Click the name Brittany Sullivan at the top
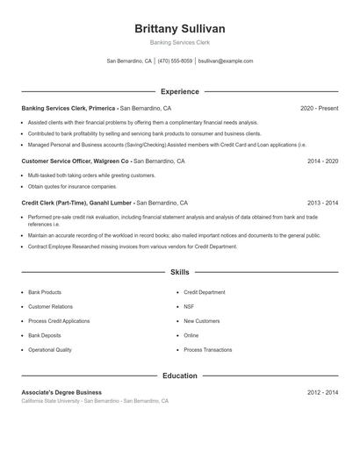click(179, 28)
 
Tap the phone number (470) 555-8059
click(176, 61)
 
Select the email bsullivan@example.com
click(226, 61)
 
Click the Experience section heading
click(179, 91)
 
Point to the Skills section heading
click(179, 273)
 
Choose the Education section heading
click(179, 376)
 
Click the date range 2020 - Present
click(319, 108)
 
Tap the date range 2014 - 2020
click(322, 161)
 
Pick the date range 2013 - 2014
click(322, 202)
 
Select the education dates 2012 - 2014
click(322, 392)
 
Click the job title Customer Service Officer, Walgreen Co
click(76, 161)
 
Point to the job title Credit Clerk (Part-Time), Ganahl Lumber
click(77, 202)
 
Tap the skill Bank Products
click(45, 292)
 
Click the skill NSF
click(190, 306)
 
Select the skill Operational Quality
click(50, 349)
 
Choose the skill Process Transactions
click(207, 349)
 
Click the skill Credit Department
click(205, 292)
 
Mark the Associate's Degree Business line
click(61, 392)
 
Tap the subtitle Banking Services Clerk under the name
click(179, 42)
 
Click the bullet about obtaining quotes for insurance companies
click(72, 186)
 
